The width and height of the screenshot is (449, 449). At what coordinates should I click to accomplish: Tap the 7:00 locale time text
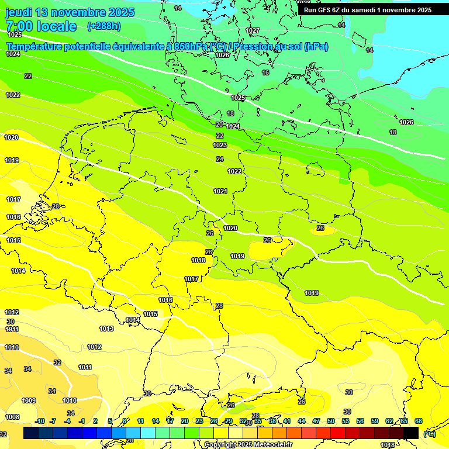[41, 26]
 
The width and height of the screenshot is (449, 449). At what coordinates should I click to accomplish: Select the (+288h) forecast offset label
[103, 26]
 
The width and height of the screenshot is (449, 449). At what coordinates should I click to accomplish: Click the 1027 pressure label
[253, 30]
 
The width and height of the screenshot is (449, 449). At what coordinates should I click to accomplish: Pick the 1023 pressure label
[220, 145]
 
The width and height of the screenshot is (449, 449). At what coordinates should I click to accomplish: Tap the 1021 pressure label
[220, 191]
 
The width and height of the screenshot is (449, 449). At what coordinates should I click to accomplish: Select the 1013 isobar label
[106, 329]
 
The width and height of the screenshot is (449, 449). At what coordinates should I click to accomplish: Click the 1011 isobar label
[85, 367]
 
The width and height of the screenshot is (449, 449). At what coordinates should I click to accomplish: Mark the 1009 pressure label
[29, 400]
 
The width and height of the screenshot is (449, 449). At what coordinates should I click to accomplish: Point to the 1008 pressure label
[13, 417]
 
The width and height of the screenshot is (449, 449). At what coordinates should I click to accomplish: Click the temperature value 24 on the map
[220, 159]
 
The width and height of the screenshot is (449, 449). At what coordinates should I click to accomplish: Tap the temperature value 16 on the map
[265, 72]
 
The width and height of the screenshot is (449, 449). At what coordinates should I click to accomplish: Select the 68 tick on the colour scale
[419, 421]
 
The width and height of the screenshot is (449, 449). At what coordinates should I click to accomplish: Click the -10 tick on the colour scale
[40, 421]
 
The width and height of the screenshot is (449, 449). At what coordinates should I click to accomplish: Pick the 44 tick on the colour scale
[302, 421]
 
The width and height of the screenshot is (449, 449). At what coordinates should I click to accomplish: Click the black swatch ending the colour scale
[411, 433]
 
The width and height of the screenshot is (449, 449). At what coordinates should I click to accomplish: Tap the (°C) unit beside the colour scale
[429, 433]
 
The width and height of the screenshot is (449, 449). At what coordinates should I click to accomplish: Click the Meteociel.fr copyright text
[248, 444]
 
